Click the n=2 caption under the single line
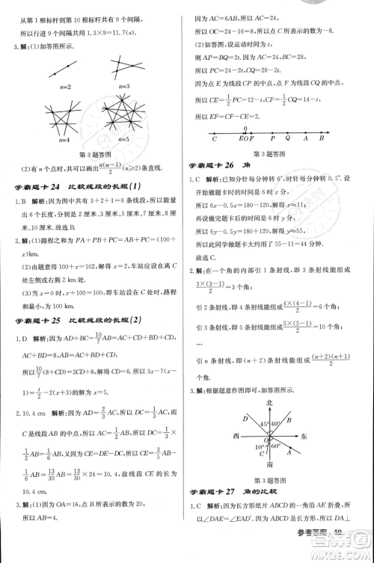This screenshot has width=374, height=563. [x=64, y=87]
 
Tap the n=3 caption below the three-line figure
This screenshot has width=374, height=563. [x=123, y=87]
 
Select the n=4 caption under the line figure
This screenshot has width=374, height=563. [x=64, y=139]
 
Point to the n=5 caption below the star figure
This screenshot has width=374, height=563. [x=123, y=139]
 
